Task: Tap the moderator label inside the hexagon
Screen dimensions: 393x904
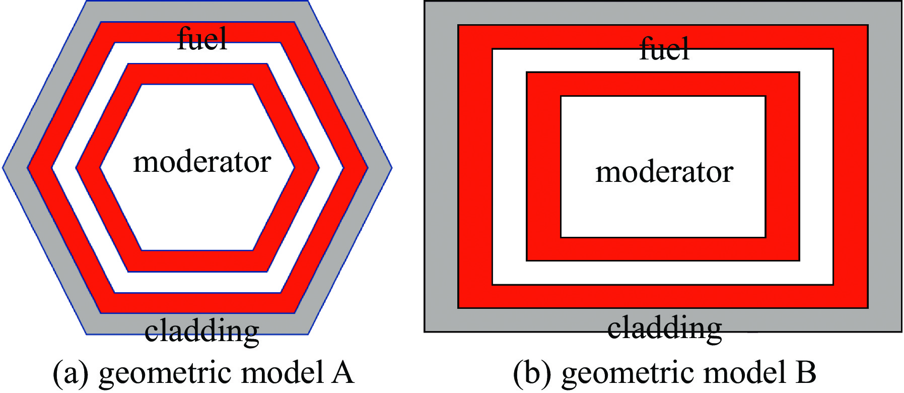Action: (x=202, y=162)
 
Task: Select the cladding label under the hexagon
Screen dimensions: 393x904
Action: (x=201, y=331)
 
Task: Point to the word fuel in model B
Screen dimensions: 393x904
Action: (x=664, y=49)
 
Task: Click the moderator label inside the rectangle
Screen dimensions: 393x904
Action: (x=664, y=172)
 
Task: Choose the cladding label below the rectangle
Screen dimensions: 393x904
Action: (x=664, y=328)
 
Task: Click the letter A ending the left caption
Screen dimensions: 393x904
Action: (x=342, y=373)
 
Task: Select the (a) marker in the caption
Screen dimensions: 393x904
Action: (x=71, y=373)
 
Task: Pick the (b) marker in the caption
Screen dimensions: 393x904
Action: (x=532, y=373)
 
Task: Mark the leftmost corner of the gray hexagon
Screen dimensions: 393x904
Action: (x=4, y=167)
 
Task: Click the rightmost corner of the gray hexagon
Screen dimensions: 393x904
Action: (x=391, y=167)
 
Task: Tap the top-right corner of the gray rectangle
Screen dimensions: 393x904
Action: (x=900, y=2)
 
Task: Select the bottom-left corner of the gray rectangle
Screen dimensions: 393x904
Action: (x=425, y=331)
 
